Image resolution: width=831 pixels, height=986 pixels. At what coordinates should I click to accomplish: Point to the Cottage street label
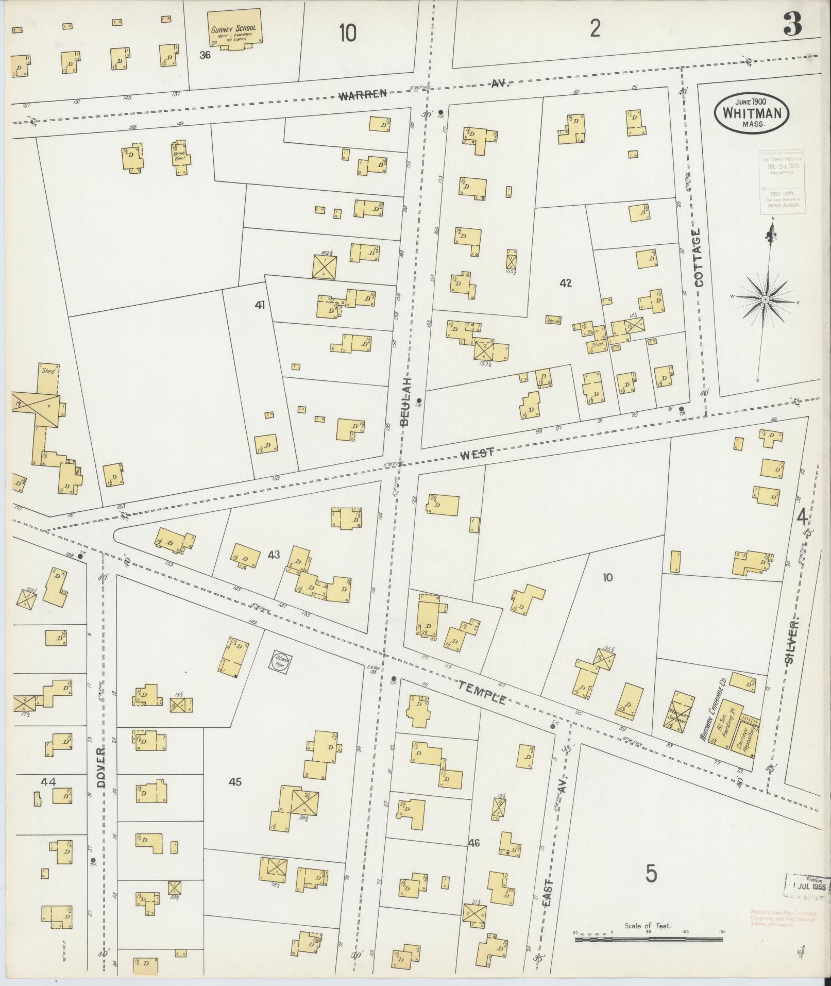point(699,258)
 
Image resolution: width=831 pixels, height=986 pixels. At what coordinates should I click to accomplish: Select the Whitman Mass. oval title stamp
point(752,112)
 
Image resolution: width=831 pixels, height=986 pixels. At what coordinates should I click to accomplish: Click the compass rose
point(765,299)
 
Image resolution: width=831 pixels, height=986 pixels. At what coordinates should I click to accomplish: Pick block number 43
point(274,555)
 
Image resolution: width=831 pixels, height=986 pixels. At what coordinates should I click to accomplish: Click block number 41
point(259,305)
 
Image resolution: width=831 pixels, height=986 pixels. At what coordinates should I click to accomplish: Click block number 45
point(235,782)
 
